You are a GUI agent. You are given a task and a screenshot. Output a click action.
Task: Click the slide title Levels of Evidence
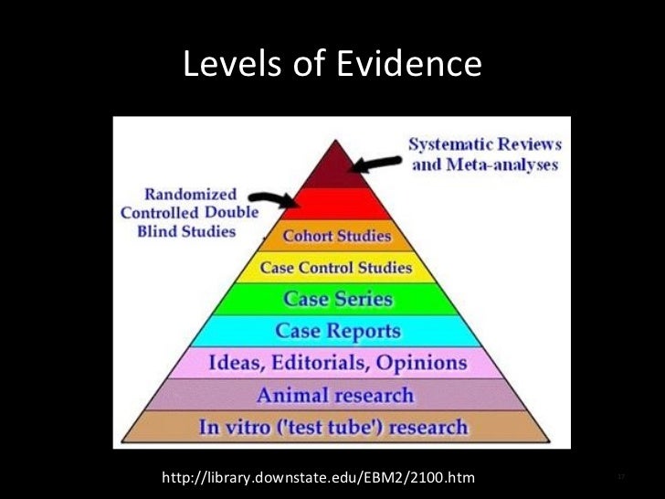332,64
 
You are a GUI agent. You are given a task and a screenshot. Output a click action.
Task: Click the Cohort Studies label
337,236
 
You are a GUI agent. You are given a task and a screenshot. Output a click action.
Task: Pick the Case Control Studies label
336,269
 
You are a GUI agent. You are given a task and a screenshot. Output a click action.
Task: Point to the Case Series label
338,299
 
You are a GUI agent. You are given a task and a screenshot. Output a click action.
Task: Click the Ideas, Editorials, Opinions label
338,362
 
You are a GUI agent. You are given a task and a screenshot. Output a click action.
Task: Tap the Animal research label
335,396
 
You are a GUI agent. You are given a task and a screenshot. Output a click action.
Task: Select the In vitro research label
337,427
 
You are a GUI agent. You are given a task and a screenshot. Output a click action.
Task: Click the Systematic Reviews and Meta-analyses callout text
485,154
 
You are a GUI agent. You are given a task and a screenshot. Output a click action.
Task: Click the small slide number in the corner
620,477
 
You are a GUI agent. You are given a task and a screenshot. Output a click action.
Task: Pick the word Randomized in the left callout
190,194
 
